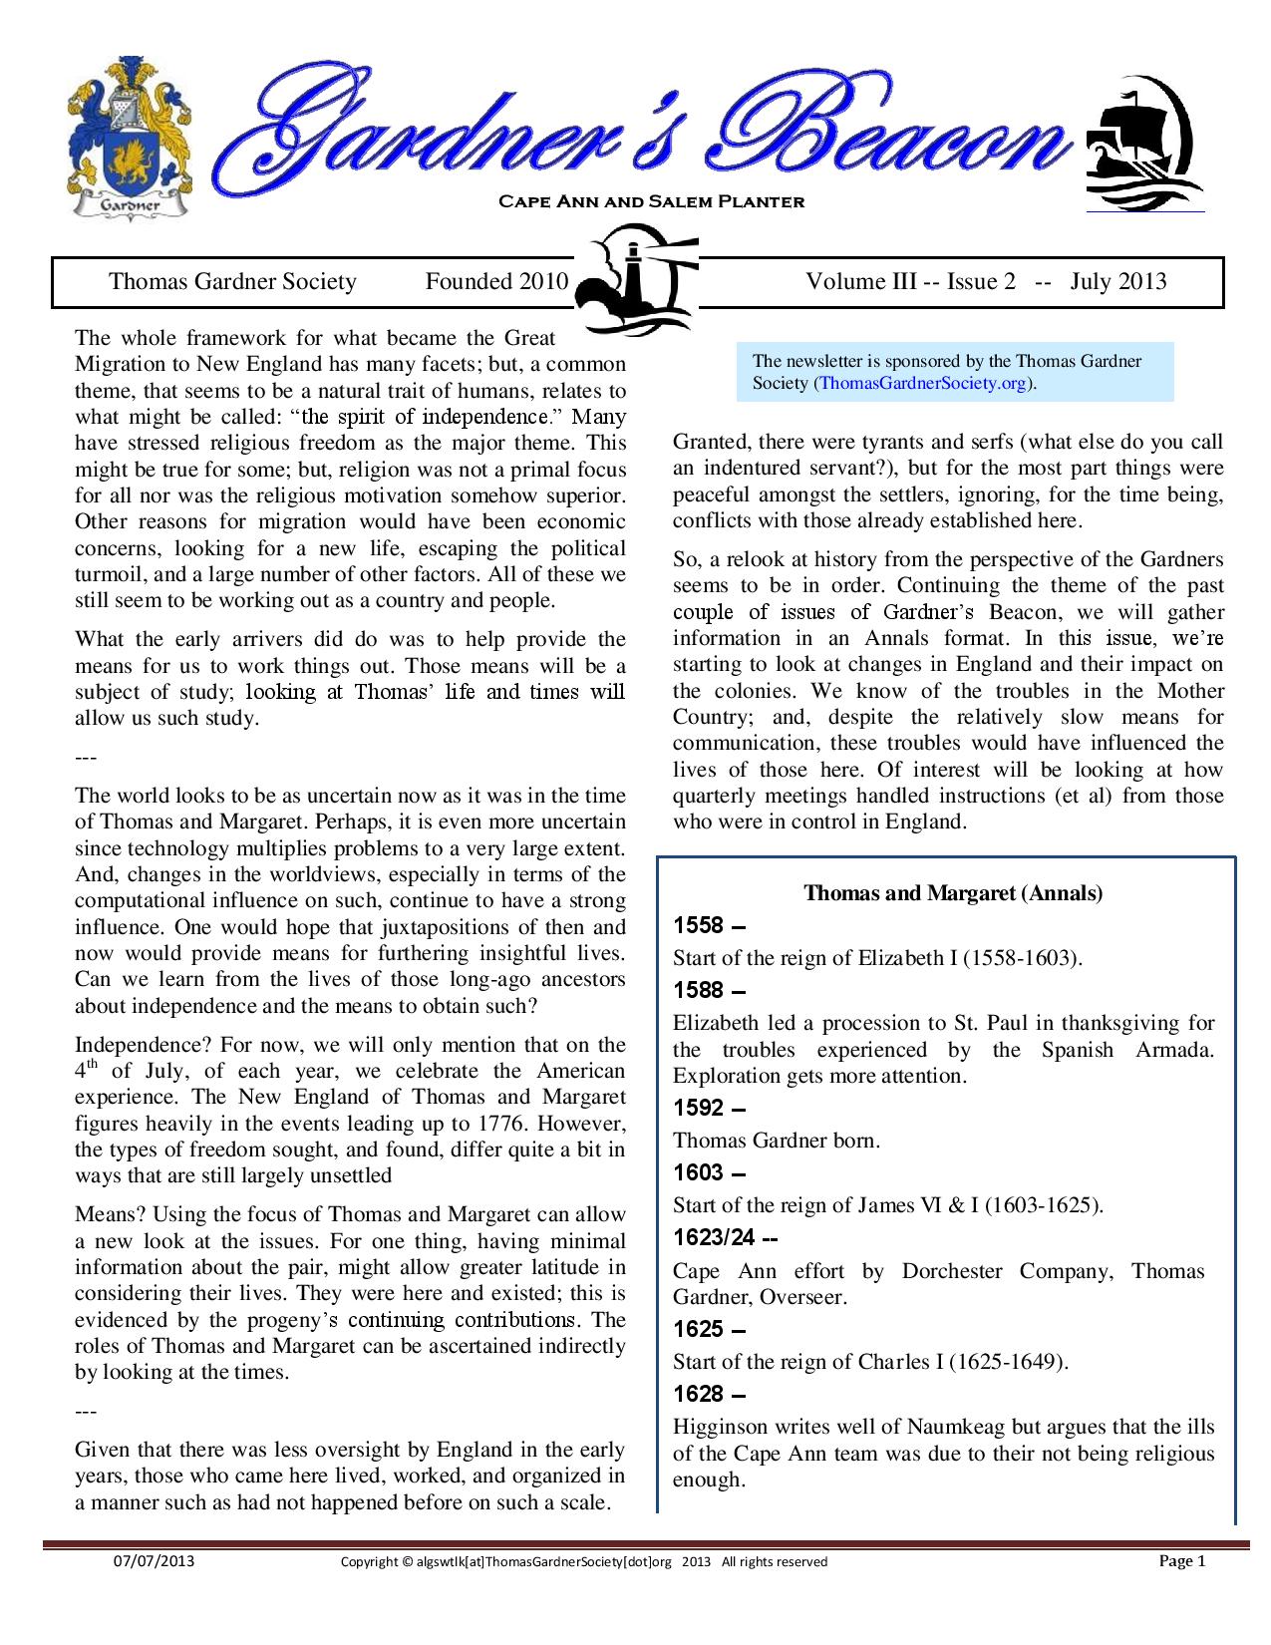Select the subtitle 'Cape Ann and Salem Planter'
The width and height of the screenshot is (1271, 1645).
click(651, 202)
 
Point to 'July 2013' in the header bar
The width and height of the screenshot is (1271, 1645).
click(1118, 282)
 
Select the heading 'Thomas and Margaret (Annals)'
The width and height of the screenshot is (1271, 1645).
click(953, 893)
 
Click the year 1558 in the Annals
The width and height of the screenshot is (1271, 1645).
click(698, 925)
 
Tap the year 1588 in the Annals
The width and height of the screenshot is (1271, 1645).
click(698, 990)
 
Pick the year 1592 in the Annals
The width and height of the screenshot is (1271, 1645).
click(698, 1108)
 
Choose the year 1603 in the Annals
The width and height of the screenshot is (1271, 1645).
click(698, 1172)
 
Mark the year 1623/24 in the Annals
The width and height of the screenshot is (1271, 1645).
click(714, 1238)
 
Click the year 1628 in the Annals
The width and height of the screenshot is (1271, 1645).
click(698, 1394)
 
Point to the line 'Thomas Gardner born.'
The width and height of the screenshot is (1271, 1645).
click(777, 1141)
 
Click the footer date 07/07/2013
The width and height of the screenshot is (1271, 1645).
click(153, 1561)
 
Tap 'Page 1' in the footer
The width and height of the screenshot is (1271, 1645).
click(1182, 1561)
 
